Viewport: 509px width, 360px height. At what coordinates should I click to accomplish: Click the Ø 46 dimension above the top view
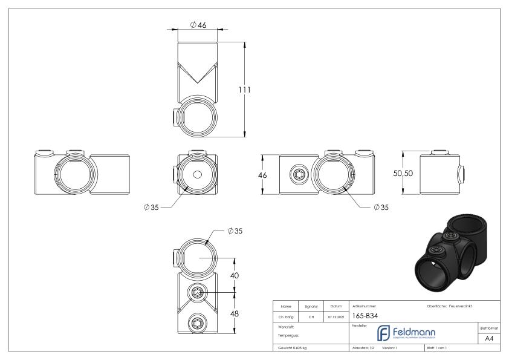coord(198,25)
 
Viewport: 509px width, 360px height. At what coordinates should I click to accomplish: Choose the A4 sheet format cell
coord(491,339)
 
